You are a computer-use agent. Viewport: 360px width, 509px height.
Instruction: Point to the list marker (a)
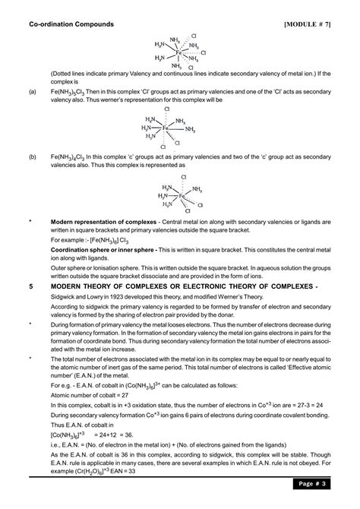[x=33, y=90]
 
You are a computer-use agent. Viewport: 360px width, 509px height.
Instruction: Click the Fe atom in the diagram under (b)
[x=182, y=195]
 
